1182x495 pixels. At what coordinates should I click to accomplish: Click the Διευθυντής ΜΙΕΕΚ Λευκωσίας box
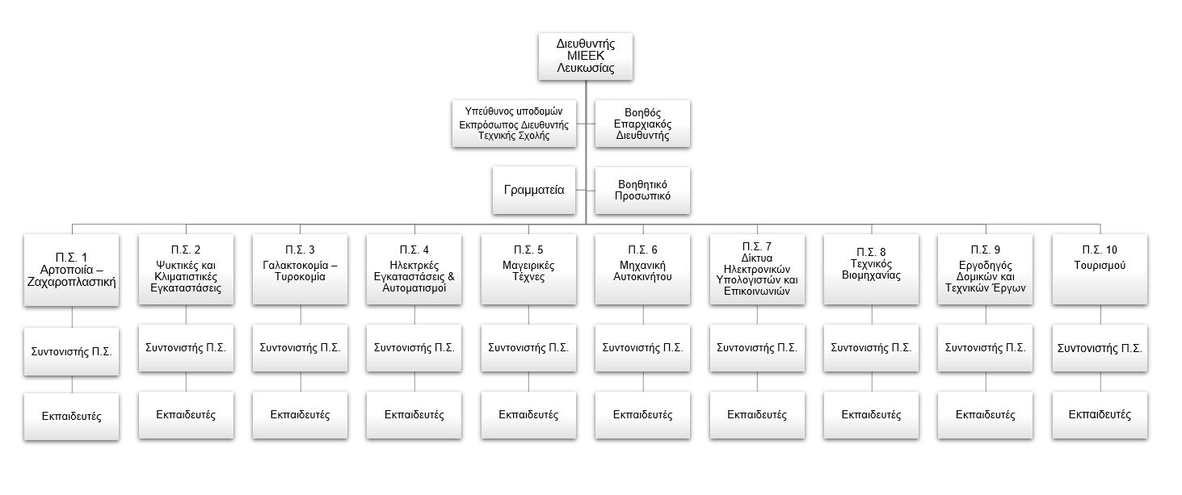[x=586, y=56]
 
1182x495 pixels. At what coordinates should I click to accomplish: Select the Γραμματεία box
[x=533, y=191]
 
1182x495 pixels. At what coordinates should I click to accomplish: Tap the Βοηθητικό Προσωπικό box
[x=642, y=190]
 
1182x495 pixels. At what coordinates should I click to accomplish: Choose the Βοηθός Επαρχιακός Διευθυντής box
[x=642, y=124]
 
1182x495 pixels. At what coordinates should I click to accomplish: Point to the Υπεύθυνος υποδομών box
[x=514, y=124]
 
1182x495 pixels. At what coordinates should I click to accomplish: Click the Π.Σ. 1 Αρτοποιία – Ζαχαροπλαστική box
[x=72, y=270]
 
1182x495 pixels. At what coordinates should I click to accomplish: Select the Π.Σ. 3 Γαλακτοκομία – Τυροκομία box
[x=300, y=270]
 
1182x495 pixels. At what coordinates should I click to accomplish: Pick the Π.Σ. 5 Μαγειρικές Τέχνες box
[x=528, y=270]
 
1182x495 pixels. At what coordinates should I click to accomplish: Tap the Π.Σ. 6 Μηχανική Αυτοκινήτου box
[x=642, y=270]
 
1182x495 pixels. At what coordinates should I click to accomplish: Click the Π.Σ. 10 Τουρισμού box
[x=1100, y=270]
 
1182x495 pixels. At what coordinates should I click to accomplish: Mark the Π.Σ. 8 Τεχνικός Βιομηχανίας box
[x=871, y=270]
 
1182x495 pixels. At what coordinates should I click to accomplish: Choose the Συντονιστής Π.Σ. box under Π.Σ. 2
[x=186, y=348]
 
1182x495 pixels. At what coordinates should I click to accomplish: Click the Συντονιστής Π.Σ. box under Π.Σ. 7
[x=757, y=348]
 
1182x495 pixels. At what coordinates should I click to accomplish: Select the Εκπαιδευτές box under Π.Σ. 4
[x=414, y=415]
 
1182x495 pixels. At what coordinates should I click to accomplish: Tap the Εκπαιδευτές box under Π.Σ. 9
[x=986, y=415]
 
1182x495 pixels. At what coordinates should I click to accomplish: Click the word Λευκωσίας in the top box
[x=586, y=69]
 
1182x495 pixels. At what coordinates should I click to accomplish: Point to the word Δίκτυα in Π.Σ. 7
[x=757, y=258]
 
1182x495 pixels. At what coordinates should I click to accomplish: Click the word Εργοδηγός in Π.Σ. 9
[x=986, y=265]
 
